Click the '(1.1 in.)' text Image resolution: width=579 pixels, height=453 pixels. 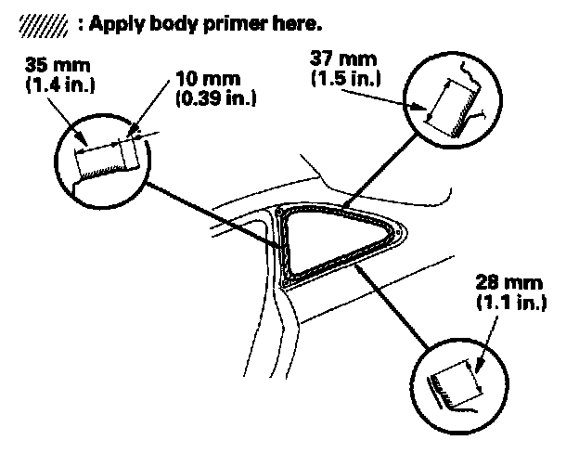click(509, 301)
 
